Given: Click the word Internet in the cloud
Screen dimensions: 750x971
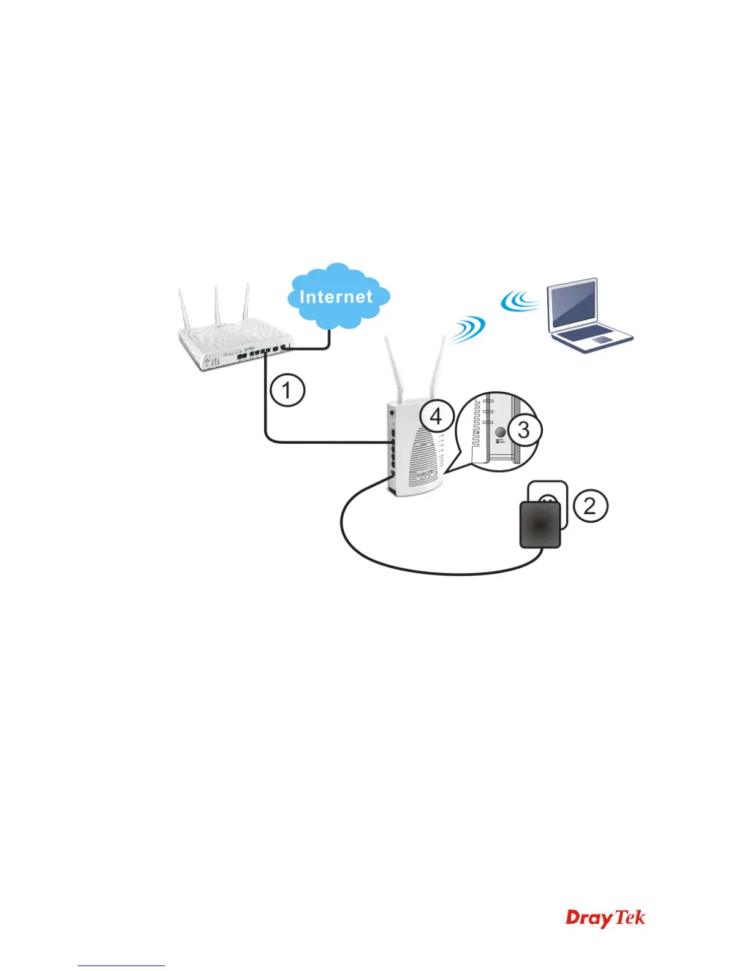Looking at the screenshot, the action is click(x=336, y=297).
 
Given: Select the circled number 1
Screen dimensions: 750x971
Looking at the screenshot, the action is click(x=287, y=390).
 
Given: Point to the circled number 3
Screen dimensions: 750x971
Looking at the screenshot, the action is click(x=524, y=430).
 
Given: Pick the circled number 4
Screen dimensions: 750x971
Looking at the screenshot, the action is click(x=436, y=417).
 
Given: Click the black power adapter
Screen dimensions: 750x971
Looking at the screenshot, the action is click(x=540, y=525).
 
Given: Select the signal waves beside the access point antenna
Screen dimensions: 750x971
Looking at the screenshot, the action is click(x=467, y=329).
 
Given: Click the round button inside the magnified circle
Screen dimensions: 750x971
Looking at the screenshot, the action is click(x=500, y=433).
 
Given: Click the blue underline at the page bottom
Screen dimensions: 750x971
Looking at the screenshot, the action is click(x=121, y=965).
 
